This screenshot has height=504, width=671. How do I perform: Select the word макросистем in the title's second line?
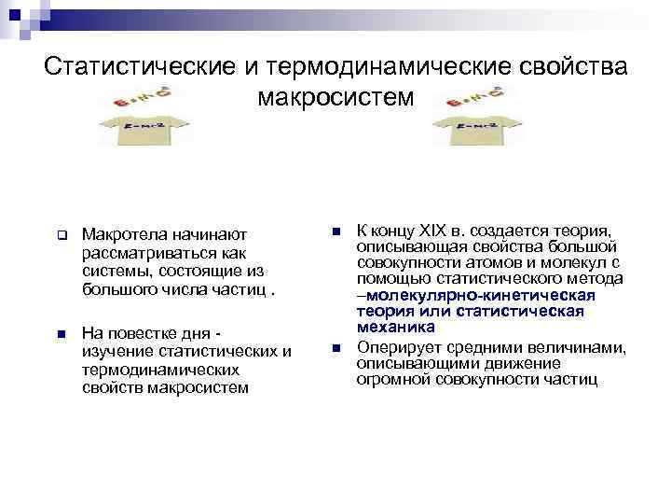tap(336, 96)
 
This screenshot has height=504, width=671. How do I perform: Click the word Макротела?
tap(120, 231)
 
